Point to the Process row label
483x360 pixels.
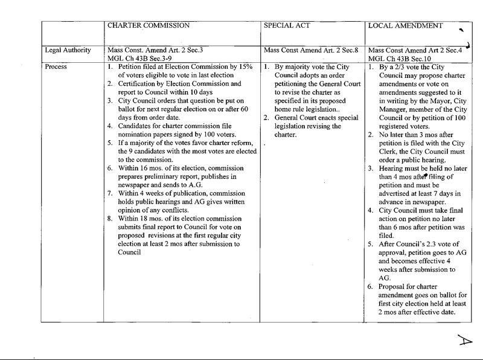pyautogui.click(x=57, y=66)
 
